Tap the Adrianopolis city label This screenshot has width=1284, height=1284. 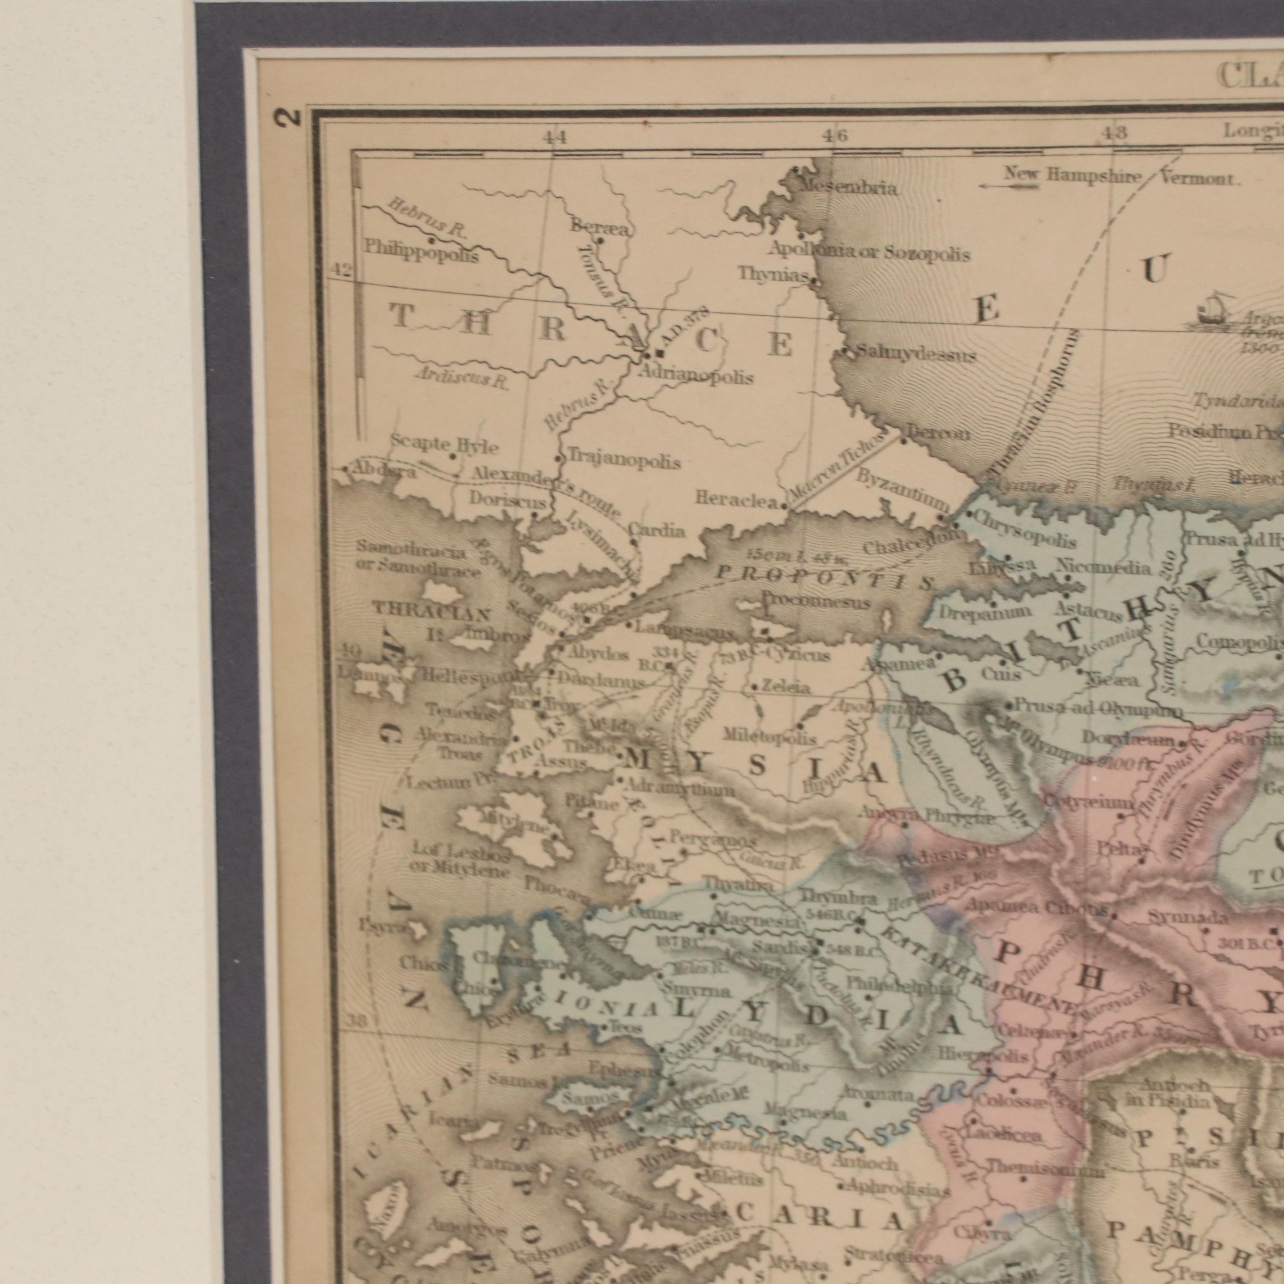tap(695, 377)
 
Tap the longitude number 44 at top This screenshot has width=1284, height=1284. tap(555, 138)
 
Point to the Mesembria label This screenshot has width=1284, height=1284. tap(847, 188)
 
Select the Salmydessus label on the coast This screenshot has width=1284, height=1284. tap(916, 355)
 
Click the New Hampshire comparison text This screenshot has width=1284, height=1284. tap(1071, 175)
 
